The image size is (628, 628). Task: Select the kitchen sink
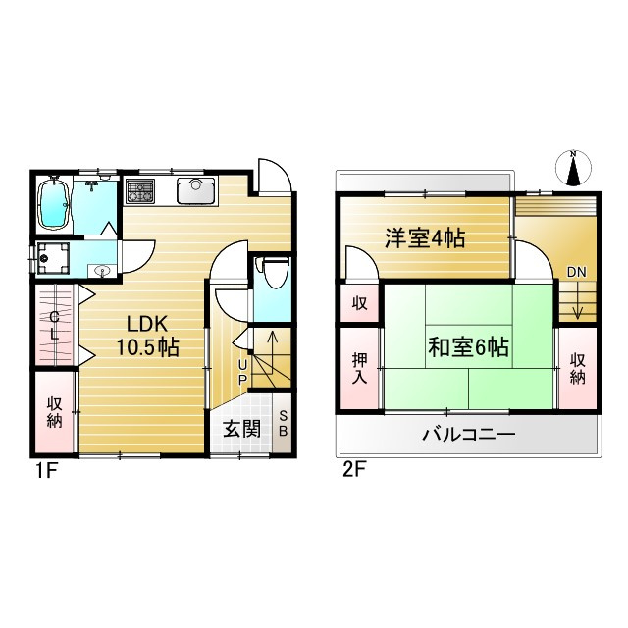point(196,189)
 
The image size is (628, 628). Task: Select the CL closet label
point(55,324)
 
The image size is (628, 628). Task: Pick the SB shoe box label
point(284,424)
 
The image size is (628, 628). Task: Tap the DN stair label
point(576,272)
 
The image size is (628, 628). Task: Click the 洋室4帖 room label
point(424,237)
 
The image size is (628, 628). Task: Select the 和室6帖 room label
point(468,345)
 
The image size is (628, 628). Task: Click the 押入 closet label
point(359,367)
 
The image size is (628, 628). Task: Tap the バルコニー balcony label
point(468,433)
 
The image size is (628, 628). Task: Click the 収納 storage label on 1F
point(54,411)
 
